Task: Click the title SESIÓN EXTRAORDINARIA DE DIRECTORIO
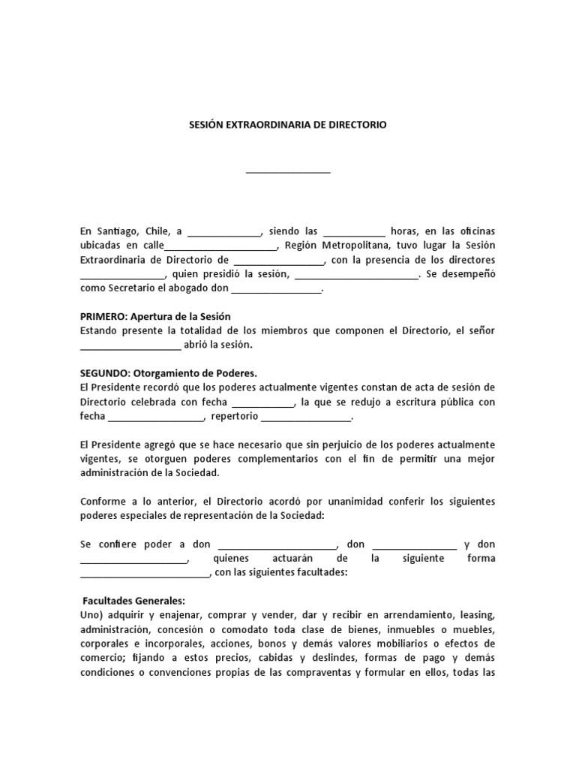point(288,125)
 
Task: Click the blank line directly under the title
point(288,171)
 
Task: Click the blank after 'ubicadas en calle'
point(220,247)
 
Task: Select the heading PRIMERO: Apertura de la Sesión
point(161,316)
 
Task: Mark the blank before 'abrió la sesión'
point(130,346)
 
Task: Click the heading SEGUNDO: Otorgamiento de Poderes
point(169,373)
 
